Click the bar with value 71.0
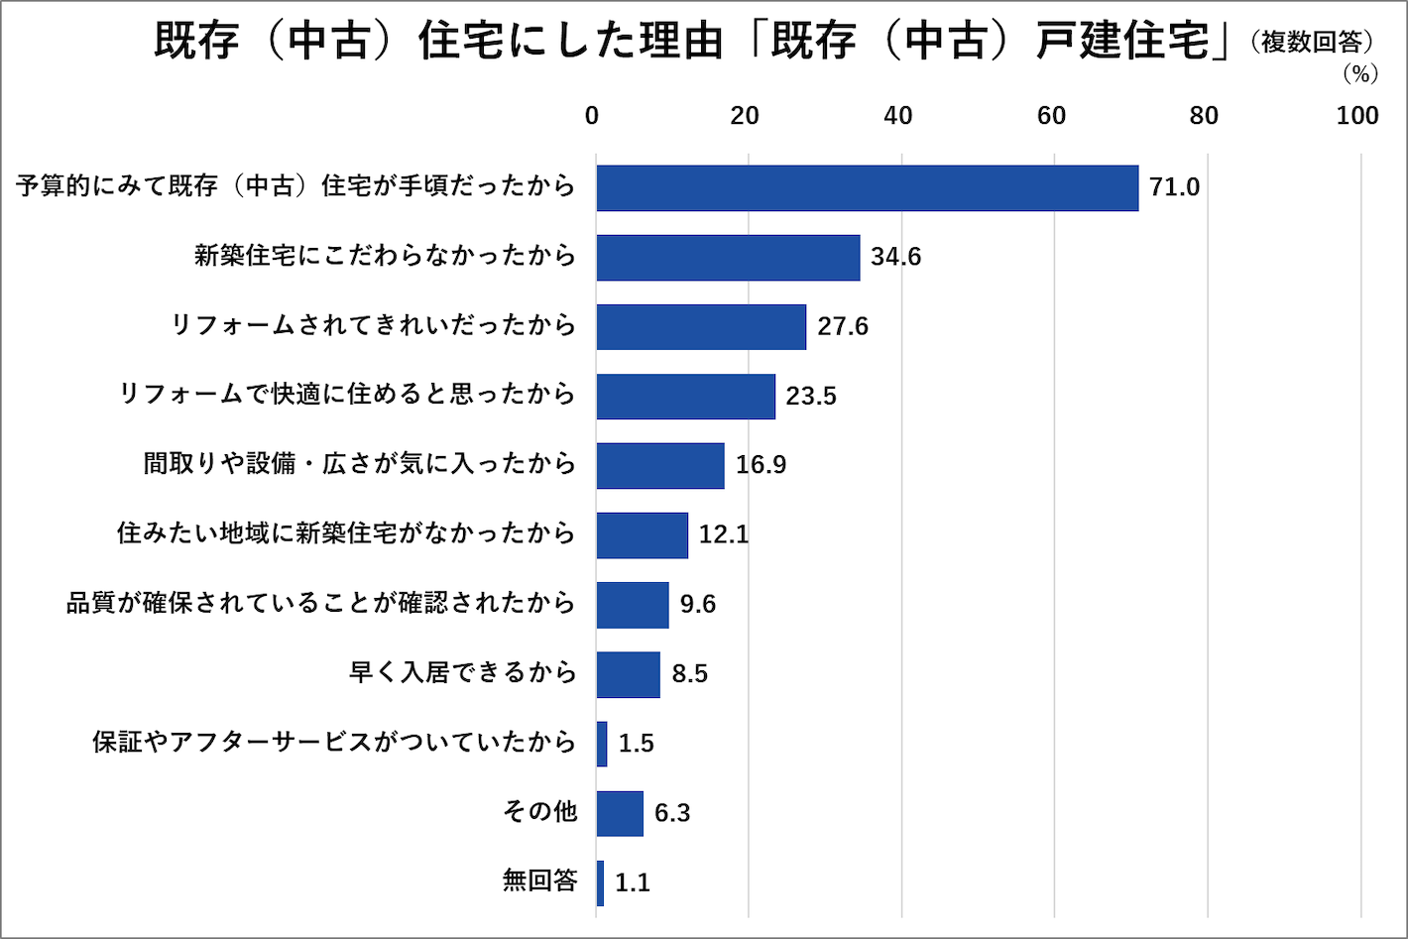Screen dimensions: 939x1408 (x=867, y=187)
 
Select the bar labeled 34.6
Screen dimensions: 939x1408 (x=728, y=257)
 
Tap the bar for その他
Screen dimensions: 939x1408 (x=620, y=813)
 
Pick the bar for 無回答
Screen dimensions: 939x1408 (x=600, y=882)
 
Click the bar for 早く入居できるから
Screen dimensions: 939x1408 (x=628, y=674)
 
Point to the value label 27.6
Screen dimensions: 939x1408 (x=843, y=326)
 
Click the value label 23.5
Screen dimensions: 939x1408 (x=811, y=396)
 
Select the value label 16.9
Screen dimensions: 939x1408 (x=761, y=465)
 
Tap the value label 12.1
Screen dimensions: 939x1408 (x=724, y=534)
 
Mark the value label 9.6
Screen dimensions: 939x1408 (x=697, y=604)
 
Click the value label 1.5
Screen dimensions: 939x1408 (x=636, y=744)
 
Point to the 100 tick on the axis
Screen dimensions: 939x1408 (x=1357, y=116)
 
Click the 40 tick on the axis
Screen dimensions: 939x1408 (x=897, y=116)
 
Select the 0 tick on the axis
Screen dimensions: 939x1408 (x=592, y=116)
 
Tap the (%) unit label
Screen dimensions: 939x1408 (x=1360, y=74)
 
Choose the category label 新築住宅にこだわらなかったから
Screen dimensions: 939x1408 (x=385, y=256)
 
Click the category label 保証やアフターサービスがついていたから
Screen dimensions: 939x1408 (x=334, y=742)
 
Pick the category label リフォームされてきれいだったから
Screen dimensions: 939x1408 (x=373, y=325)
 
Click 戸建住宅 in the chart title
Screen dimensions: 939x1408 (x=1123, y=42)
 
